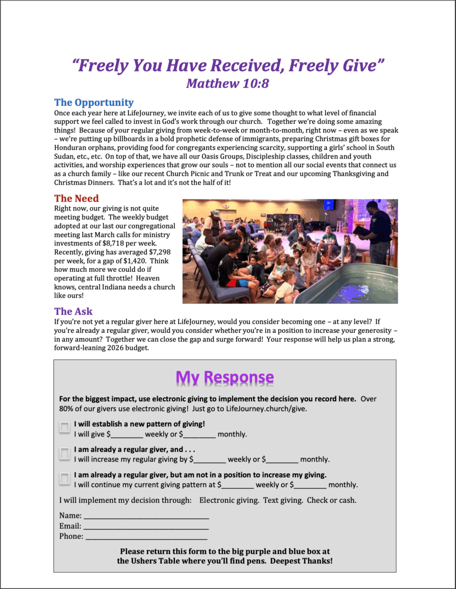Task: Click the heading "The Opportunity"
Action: [x=94, y=103]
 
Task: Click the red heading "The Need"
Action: [x=77, y=198]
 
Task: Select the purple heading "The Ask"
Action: [x=73, y=311]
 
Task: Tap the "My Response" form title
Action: [x=224, y=377]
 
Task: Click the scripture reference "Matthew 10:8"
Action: [x=227, y=83]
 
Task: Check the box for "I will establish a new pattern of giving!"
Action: [x=64, y=427]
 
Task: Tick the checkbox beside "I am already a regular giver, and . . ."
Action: [x=64, y=453]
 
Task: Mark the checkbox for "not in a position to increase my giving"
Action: [x=64, y=478]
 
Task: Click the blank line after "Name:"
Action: [x=146, y=516]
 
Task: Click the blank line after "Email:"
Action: [x=146, y=527]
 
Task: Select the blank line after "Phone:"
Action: [x=146, y=537]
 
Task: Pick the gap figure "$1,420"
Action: [x=132, y=261]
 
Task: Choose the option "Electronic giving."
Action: [x=229, y=500]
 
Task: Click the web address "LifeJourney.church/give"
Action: [x=266, y=409]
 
